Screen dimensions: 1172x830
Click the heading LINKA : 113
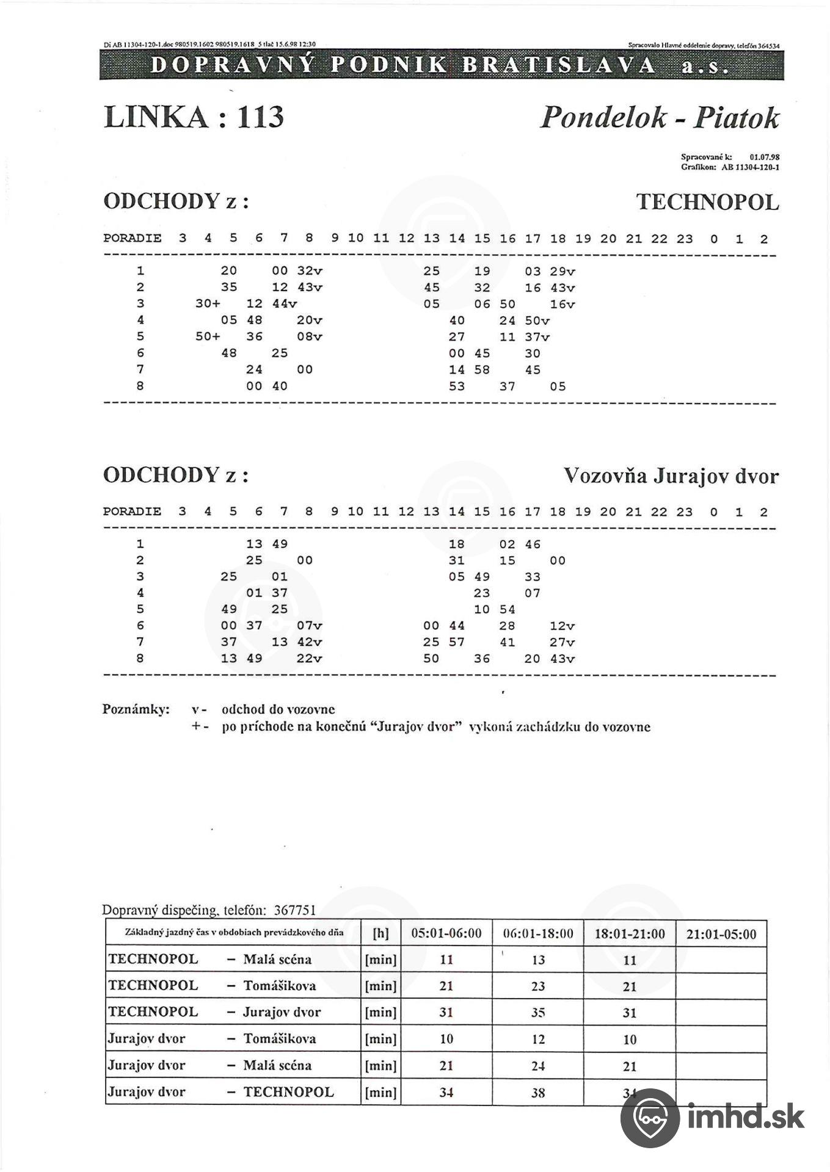[194, 116]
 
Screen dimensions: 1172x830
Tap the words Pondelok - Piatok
[660, 117]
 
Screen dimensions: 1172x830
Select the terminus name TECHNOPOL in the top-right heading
[707, 202]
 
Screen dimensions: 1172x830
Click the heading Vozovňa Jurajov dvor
[671, 476]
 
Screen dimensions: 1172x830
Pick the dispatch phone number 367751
[294, 910]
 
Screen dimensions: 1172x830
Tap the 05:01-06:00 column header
[446, 933]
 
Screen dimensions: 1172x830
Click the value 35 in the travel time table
[537, 1013]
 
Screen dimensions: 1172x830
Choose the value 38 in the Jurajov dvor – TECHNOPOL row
[537, 1093]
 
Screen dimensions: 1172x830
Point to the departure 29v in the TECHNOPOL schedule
[562, 272]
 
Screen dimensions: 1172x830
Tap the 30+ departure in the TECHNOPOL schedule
[208, 304]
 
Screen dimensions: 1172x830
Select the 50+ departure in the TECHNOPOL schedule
[208, 336]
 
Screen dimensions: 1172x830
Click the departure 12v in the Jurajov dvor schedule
[562, 626]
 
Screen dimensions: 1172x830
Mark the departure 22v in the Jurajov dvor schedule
[309, 659]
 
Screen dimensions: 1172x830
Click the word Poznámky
[136, 709]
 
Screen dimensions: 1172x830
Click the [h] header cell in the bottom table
[380, 933]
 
